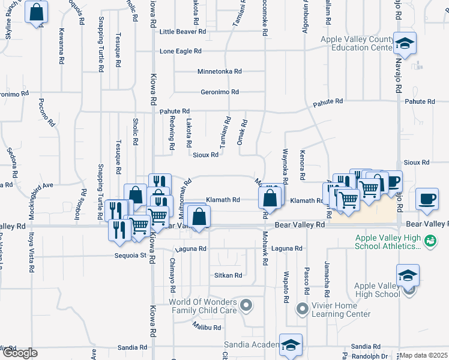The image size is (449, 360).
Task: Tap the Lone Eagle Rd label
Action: (x=184, y=52)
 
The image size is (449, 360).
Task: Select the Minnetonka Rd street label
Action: (x=220, y=71)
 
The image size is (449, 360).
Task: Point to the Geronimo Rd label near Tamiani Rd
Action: (x=220, y=92)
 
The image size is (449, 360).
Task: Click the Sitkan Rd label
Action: (x=228, y=275)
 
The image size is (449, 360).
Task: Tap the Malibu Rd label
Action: (x=207, y=328)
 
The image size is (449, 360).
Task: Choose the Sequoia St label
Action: (x=131, y=256)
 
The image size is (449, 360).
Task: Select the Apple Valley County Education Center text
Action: (x=357, y=43)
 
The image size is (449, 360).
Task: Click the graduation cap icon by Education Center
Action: (x=405, y=43)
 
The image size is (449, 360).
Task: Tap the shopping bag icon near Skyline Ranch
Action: (x=36, y=12)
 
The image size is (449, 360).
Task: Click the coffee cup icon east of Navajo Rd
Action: (x=427, y=199)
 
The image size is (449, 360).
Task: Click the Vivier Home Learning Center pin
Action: (x=303, y=310)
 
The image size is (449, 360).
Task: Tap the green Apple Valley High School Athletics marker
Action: (x=429, y=241)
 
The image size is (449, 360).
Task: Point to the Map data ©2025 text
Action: (x=423, y=355)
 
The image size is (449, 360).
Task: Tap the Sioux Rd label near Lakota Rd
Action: (x=206, y=154)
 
